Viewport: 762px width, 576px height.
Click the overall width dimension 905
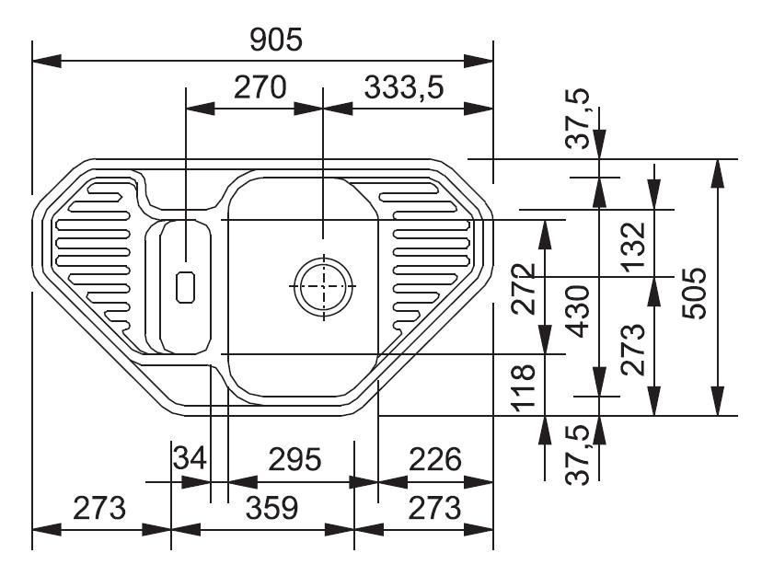275,40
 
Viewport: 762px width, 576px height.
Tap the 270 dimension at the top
260,87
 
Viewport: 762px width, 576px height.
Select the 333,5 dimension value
404,88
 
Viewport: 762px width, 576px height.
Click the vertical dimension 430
579,312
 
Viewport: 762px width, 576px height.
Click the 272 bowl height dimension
524,289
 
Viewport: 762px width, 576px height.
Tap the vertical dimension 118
524,387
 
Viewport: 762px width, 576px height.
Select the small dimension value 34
190,458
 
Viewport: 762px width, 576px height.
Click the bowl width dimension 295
295,459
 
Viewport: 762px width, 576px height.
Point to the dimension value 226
435,459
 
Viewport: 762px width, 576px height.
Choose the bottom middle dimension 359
271,508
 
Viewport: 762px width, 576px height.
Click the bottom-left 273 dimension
99,508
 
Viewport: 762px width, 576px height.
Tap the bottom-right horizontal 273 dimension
434,508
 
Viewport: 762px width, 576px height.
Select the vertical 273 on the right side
634,350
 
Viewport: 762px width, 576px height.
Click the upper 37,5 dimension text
578,118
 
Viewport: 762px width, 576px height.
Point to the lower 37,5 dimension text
578,455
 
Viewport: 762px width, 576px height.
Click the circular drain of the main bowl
324,286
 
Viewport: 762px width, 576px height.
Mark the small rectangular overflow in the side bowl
185,287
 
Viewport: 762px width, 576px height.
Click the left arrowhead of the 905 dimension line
47,62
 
